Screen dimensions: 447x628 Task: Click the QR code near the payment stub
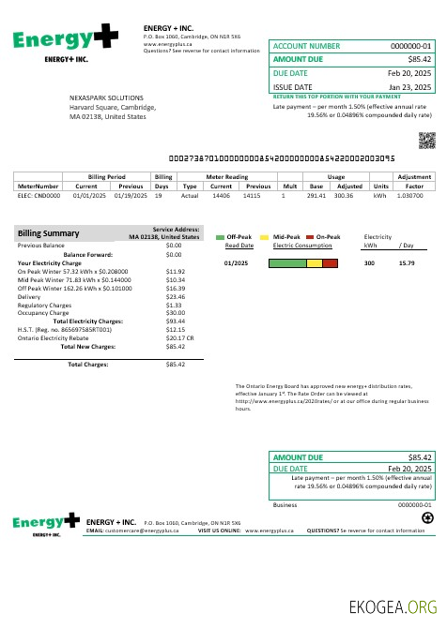426,141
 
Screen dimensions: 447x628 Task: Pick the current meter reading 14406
221,196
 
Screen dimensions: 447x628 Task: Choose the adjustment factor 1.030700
410,196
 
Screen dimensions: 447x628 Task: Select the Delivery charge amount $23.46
175,296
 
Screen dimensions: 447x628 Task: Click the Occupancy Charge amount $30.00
175,313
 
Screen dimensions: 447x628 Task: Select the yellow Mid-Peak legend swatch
265,237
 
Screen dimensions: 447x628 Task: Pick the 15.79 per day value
407,263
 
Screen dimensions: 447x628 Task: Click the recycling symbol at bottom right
426,516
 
